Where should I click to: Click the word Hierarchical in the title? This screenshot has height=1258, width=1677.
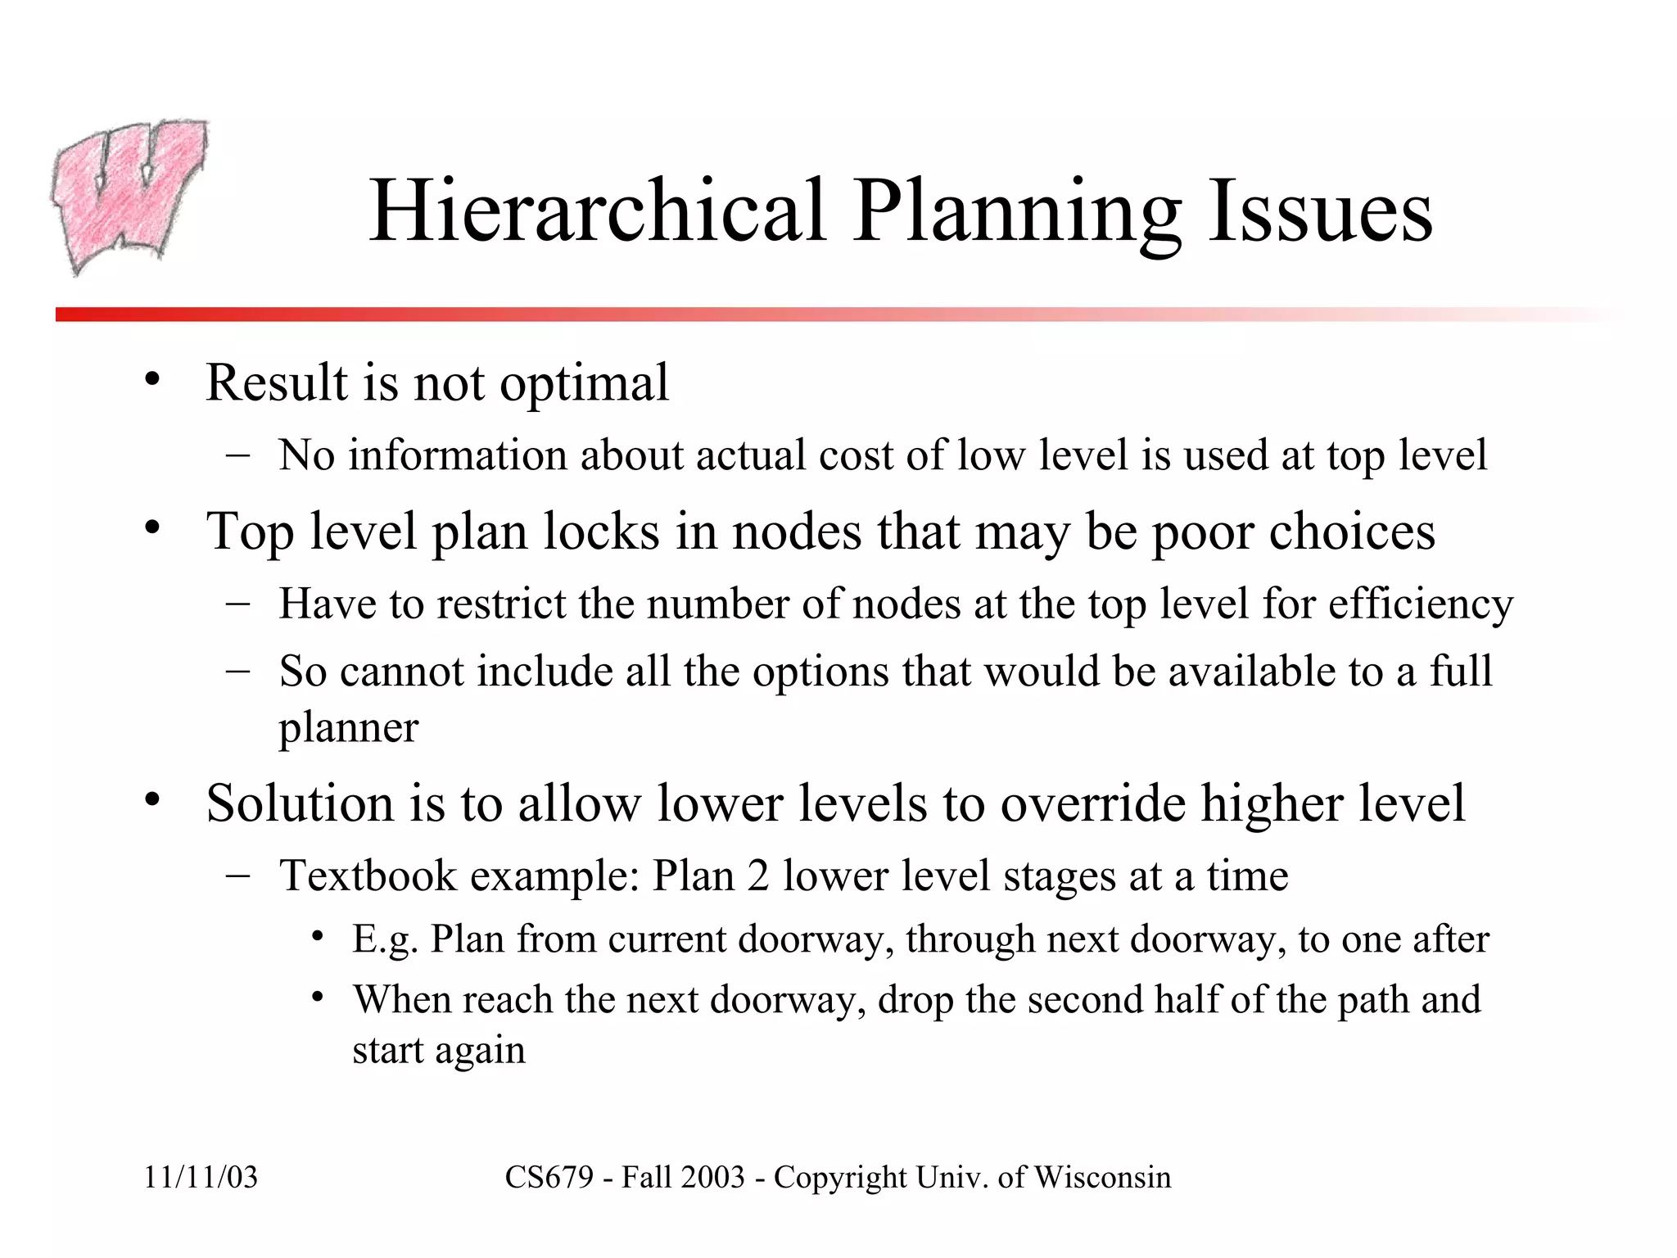tap(597, 211)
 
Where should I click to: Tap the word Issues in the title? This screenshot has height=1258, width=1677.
tap(1320, 211)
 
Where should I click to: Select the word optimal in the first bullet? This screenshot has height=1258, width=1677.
tap(584, 383)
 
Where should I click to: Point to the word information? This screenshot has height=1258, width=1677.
tap(457, 455)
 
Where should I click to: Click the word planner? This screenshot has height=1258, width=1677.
tap(348, 727)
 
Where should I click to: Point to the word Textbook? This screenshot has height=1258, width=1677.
tap(368, 876)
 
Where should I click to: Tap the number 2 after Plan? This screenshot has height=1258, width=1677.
tap(757, 876)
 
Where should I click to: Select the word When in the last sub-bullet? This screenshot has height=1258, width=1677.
tap(400, 1000)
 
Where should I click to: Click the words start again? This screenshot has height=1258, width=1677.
tap(438, 1051)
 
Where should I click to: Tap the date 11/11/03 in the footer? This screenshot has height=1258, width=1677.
tap(201, 1178)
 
